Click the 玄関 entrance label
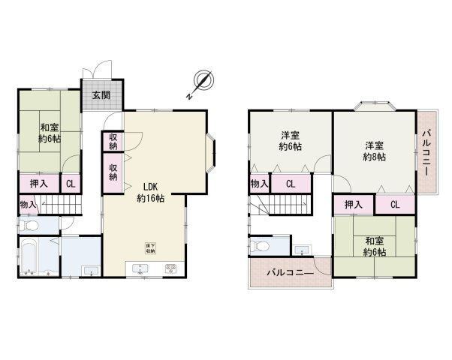[x=101, y=95]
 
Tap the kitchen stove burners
[x=170, y=268]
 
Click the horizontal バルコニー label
[x=289, y=274]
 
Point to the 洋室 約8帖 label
[x=374, y=151]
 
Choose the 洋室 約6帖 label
[x=290, y=141]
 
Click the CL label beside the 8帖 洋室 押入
[x=394, y=205]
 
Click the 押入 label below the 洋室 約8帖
[x=354, y=205]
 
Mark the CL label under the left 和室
[x=69, y=184]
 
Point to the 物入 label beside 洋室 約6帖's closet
[x=258, y=183]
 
